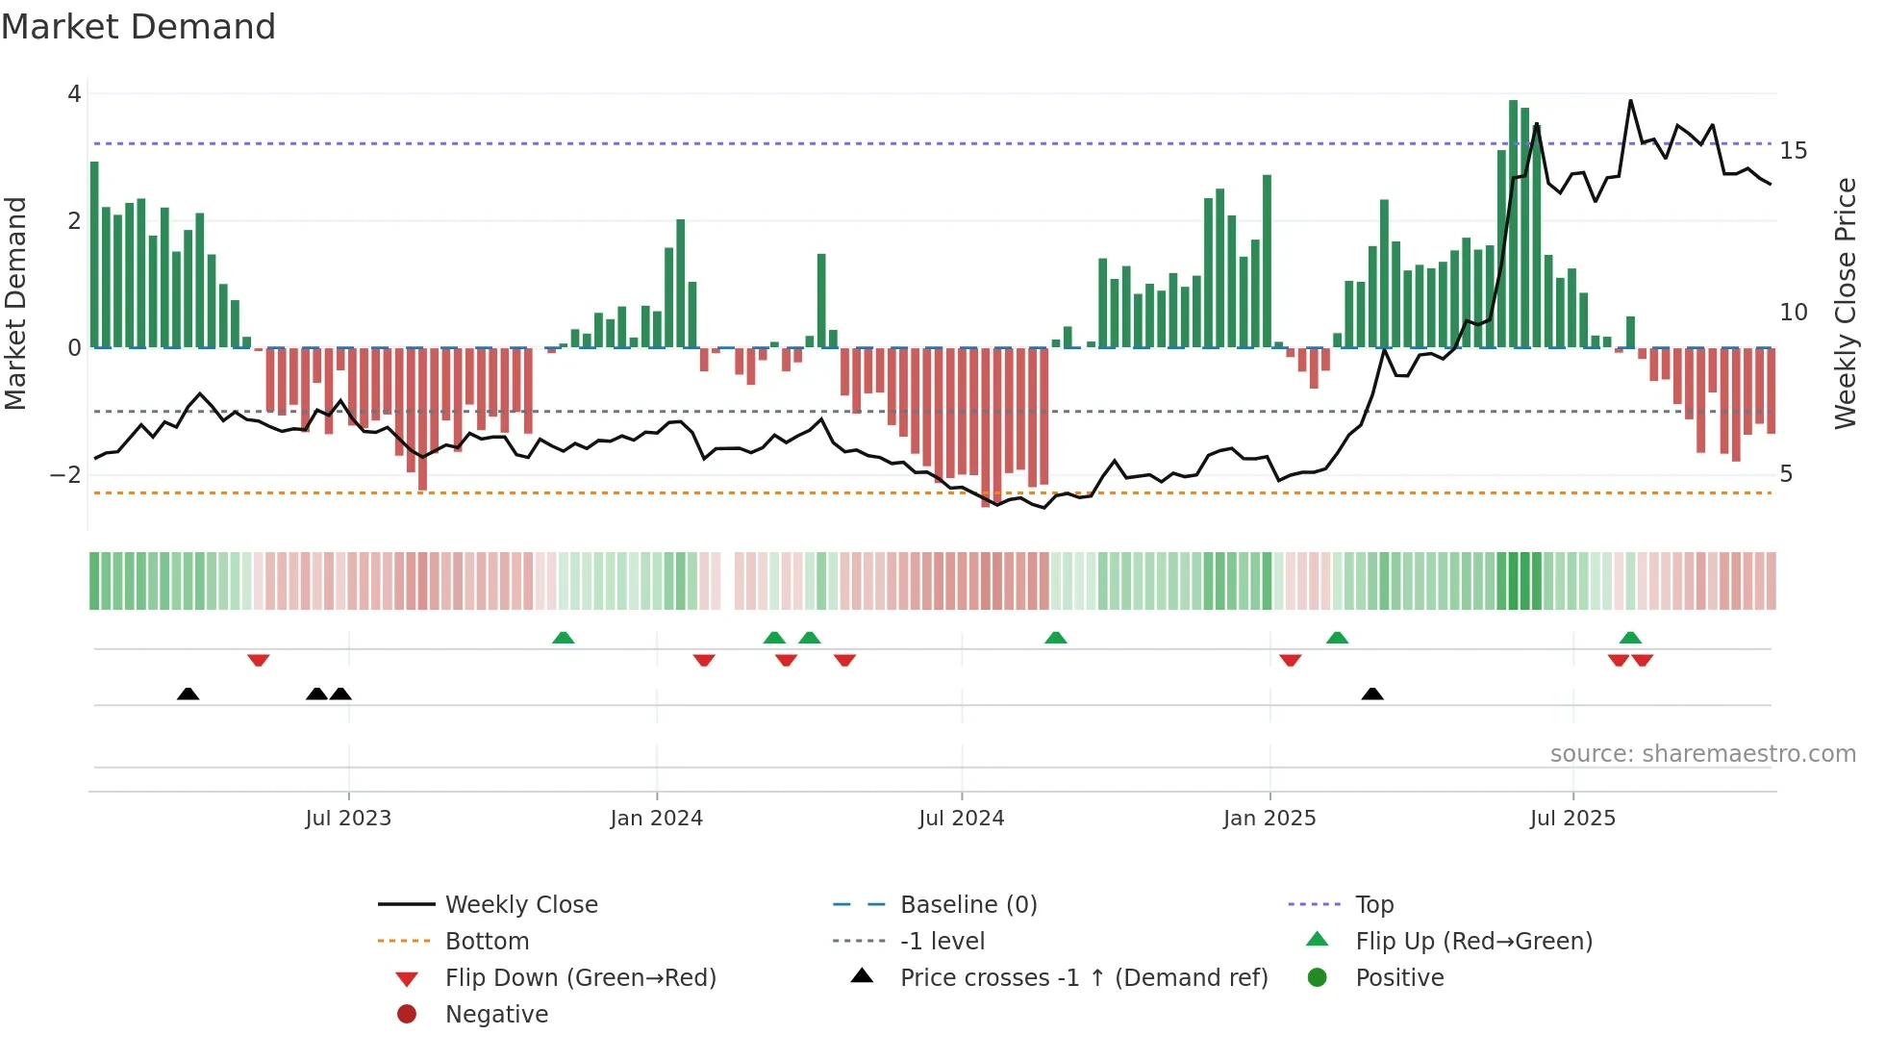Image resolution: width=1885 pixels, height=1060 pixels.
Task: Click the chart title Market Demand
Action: click(x=138, y=27)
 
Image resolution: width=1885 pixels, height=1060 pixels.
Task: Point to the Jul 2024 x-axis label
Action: click(x=961, y=819)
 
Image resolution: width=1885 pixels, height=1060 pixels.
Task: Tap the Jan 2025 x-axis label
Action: click(x=1269, y=819)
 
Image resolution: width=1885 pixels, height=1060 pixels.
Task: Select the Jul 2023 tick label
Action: click(x=348, y=819)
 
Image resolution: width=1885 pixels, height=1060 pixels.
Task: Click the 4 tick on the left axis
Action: click(x=74, y=94)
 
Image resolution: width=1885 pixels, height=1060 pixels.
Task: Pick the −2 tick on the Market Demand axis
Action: click(x=65, y=474)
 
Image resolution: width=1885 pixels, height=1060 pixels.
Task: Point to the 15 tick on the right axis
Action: click(x=1793, y=151)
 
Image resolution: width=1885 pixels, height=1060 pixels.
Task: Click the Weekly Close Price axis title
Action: click(x=1845, y=303)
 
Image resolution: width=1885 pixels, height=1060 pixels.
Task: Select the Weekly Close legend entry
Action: click(x=520, y=905)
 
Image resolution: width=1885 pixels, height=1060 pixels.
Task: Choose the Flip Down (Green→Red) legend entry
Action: click(x=580, y=978)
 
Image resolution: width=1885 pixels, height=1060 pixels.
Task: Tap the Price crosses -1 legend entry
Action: click(x=1083, y=978)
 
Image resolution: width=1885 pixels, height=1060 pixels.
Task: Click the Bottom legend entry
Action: click(x=487, y=942)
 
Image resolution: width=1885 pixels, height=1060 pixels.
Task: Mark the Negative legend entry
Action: click(x=496, y=1015)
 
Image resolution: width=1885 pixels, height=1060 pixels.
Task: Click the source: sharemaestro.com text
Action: click(x=1702, y=754)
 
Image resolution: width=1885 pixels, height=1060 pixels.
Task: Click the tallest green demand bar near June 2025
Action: click(x=1513, y=221)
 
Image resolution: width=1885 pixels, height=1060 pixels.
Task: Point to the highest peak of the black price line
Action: click(x=1630, y=101)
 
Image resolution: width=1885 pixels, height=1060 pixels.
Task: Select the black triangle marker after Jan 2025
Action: click(x=1372, y=694)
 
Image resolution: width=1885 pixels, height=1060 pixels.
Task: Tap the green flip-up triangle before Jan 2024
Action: click(x=564, y=638)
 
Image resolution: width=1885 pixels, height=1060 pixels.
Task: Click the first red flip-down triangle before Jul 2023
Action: click(x=258, y=660)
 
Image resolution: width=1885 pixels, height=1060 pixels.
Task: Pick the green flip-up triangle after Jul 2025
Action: click(x=1630, y=638)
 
